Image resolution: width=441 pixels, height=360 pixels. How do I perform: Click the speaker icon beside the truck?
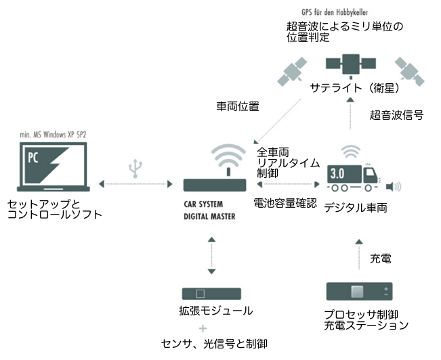click(x=393, y=185)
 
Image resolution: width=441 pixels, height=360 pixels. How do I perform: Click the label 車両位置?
click(x=238, y=106)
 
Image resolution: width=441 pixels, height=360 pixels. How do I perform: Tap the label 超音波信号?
click(x=397, y=115)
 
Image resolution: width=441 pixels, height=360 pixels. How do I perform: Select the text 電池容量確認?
click(x=285, y=202)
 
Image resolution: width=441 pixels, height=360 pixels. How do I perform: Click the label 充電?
click(x=380, y=258)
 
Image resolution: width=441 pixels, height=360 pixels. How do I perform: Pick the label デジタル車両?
click(x=355, y=207)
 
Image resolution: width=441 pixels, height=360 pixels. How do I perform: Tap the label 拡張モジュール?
click(x=211, y=311)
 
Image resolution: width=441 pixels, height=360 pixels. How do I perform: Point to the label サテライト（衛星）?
click(x=353, y=89)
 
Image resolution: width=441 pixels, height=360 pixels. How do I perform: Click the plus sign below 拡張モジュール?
click(x=203, y=328)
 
